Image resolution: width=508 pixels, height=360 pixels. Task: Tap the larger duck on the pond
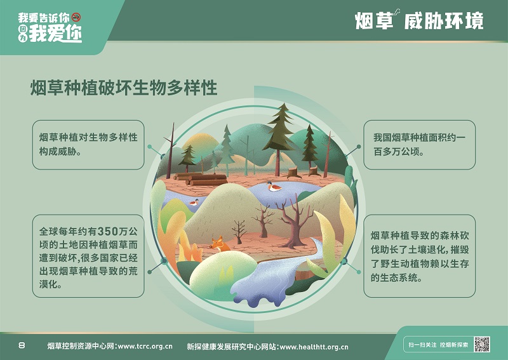click(x=274, y=186)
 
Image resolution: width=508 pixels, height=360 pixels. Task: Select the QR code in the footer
click(x=482, y=344)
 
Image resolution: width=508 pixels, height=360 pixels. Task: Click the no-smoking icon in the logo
click(x=76, y=17)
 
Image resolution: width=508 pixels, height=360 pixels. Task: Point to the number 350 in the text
click(x=107, y=231)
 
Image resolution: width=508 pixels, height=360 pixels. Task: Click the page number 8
click(x=22, y=345)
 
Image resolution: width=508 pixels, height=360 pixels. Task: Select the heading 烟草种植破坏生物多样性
click(x=124, y=88)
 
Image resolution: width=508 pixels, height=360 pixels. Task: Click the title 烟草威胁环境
click(x=419, y=20)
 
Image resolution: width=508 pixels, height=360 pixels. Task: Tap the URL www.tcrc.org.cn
click(x=145, y=347)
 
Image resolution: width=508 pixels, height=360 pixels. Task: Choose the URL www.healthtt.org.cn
click(x=314, y=347)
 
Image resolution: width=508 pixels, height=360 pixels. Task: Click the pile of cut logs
click(x=201, y=179)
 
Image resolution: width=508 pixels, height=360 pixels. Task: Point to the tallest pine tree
click(x=279, y=139)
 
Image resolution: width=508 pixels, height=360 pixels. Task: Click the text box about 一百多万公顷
click(x=419, y=145)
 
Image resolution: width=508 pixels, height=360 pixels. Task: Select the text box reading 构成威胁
click(x=88, y=145)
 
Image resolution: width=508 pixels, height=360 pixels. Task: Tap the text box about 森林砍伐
click(x=419, y=256)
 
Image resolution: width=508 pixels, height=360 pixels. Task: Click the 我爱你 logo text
click(x=55, y=33)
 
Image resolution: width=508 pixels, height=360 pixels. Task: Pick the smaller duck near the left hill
click(x=194, y=202)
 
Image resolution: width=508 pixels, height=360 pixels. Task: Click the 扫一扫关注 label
click(x=422, y=345)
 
